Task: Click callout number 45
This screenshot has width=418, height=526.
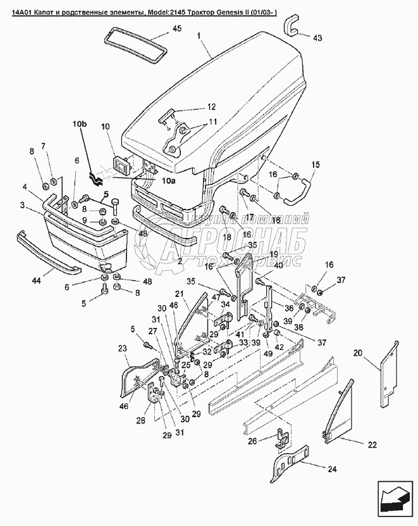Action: pos(176,29)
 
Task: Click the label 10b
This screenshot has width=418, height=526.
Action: pos(80,124)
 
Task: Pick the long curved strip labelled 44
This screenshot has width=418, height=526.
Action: pos(47,253)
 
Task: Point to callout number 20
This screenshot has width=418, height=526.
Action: pos(358,353)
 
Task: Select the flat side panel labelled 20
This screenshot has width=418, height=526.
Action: pos(389,373)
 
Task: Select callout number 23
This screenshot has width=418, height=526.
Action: pos(122,348)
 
